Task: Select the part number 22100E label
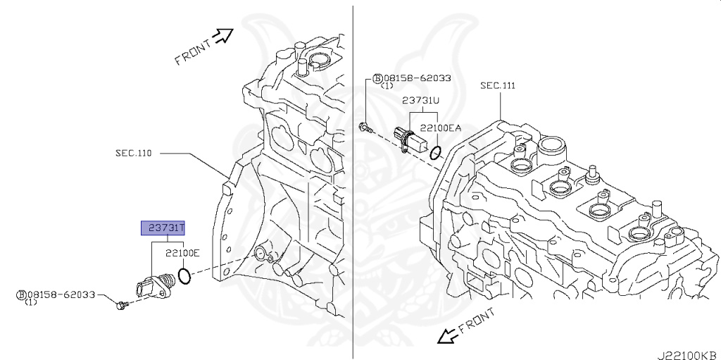coord(182,253)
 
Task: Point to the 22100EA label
coord(440,129)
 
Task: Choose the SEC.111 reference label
coord(498,86)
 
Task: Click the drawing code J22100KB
coord(688,354)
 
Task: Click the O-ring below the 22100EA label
coord(437,152)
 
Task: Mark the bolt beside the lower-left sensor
coord(122,305)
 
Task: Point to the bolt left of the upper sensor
coord(364,127)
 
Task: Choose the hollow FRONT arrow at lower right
coord(446,336)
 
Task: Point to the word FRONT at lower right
coord(477,321)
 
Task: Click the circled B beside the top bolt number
coord(377,78)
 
